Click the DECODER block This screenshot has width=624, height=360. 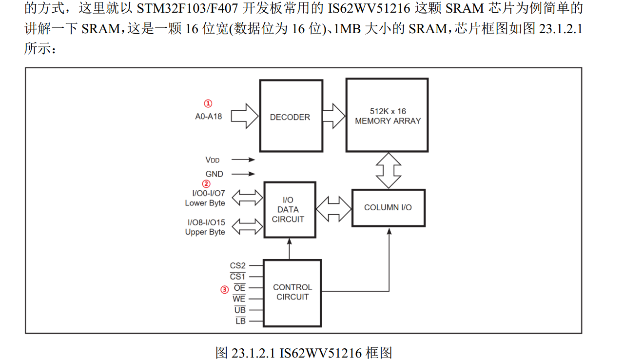pos(291,116)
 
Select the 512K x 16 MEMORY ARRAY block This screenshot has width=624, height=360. pos(387,116)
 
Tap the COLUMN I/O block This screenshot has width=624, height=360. pos(388,208)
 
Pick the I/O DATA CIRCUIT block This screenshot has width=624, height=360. pos(290,210)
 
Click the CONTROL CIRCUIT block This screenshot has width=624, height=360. pos(292,292)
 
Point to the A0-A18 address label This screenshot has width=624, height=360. pos(208,117)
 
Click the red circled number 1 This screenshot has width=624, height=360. pos(208,103)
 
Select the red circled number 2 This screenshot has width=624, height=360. pos(207,184)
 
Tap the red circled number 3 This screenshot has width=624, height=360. pos(224,289)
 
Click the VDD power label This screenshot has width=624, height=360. pos(213,160)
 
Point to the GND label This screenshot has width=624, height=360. pos(214,174)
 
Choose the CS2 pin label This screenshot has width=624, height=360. pos(238,266)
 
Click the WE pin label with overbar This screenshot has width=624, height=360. pos(239,299)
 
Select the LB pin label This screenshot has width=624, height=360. pos(240,321)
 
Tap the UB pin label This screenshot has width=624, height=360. pos(240,310)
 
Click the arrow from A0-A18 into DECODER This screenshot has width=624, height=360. pos(244,116)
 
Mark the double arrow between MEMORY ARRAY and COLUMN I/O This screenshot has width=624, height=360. pos(389,170)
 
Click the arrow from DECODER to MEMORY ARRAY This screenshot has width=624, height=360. pos(334,116)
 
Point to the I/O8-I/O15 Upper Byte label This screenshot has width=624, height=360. pos(205,227)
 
